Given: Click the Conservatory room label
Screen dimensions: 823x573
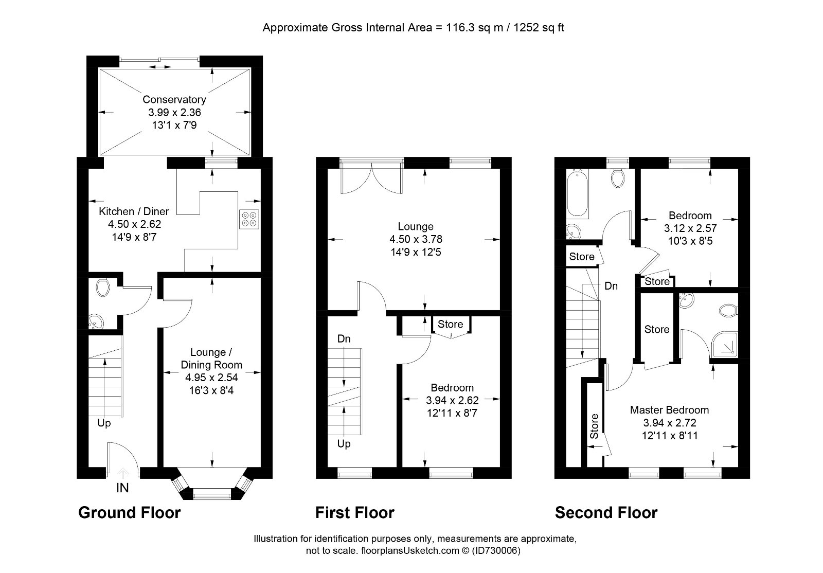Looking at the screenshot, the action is tap(174, 100).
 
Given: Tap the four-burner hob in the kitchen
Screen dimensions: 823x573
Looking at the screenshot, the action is tap(249, 219).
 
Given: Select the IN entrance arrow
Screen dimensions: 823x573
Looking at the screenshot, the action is tap(123, 472).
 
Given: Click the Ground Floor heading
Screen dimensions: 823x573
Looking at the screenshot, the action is tap(129, 513).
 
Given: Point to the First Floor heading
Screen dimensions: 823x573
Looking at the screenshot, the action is tap(354, 513).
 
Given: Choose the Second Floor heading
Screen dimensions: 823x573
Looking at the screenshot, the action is tap(606, 513).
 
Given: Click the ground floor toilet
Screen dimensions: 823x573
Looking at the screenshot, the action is tap(102, 288).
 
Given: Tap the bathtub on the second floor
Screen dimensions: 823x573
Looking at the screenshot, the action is tap(578, 194).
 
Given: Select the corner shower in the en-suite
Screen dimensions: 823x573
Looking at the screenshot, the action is tap(725, 345).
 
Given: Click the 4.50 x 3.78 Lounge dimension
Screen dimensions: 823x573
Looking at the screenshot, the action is tap(416, 239).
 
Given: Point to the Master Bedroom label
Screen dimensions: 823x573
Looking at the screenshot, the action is tap(669, 410).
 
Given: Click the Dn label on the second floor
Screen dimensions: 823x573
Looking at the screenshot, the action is tap(611, 286).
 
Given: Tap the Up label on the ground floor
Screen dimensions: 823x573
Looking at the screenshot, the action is tap(104, 423).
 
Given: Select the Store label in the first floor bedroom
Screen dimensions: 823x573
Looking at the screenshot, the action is tap(450, 324).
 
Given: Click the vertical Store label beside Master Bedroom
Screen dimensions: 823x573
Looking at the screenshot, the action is tap(594, 426).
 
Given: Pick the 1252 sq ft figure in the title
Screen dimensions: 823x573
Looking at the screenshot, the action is tap(539, 28).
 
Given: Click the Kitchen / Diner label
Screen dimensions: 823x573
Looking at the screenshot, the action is tap(134, 211).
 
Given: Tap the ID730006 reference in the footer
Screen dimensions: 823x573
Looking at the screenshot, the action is tap(496, 551).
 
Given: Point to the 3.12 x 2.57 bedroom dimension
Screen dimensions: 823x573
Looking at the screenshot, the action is tap(690, 228).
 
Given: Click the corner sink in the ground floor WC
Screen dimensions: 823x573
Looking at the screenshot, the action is tap(96, 322).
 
